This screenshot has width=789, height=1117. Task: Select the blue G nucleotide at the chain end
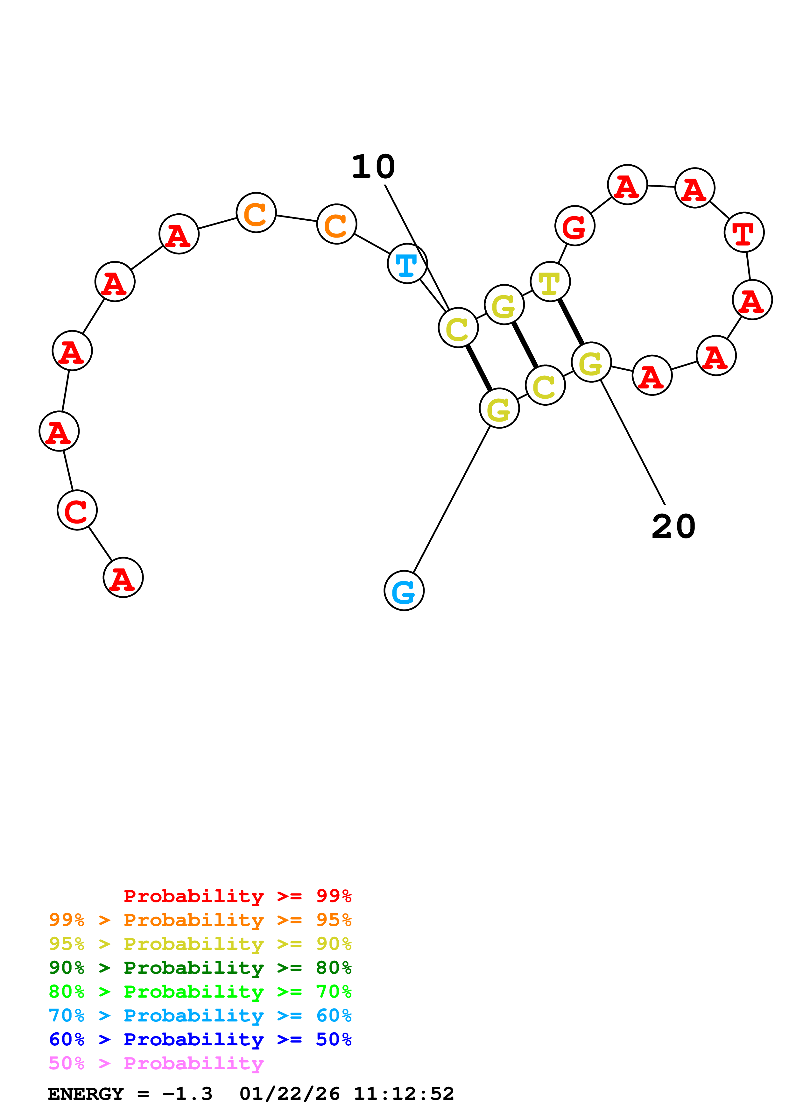(404, 591)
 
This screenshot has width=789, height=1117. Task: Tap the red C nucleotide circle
(77, 510)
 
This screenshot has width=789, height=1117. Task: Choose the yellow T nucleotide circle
(550, 282)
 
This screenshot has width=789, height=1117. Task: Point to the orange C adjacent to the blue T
(336, 224)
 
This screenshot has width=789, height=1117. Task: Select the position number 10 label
(373, 167)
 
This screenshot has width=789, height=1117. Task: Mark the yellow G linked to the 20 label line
(591, 362)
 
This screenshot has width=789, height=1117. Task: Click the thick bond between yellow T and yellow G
(571, 322)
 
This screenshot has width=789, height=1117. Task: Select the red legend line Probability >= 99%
(237, 896)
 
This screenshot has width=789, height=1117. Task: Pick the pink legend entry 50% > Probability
(156, 1064)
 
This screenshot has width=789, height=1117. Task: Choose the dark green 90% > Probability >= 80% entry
(200, 968)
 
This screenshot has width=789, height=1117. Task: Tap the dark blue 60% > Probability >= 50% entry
(200, 1039)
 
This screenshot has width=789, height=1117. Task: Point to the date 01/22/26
(289, 1094)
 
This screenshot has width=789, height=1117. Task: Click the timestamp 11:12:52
(404, 1094)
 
